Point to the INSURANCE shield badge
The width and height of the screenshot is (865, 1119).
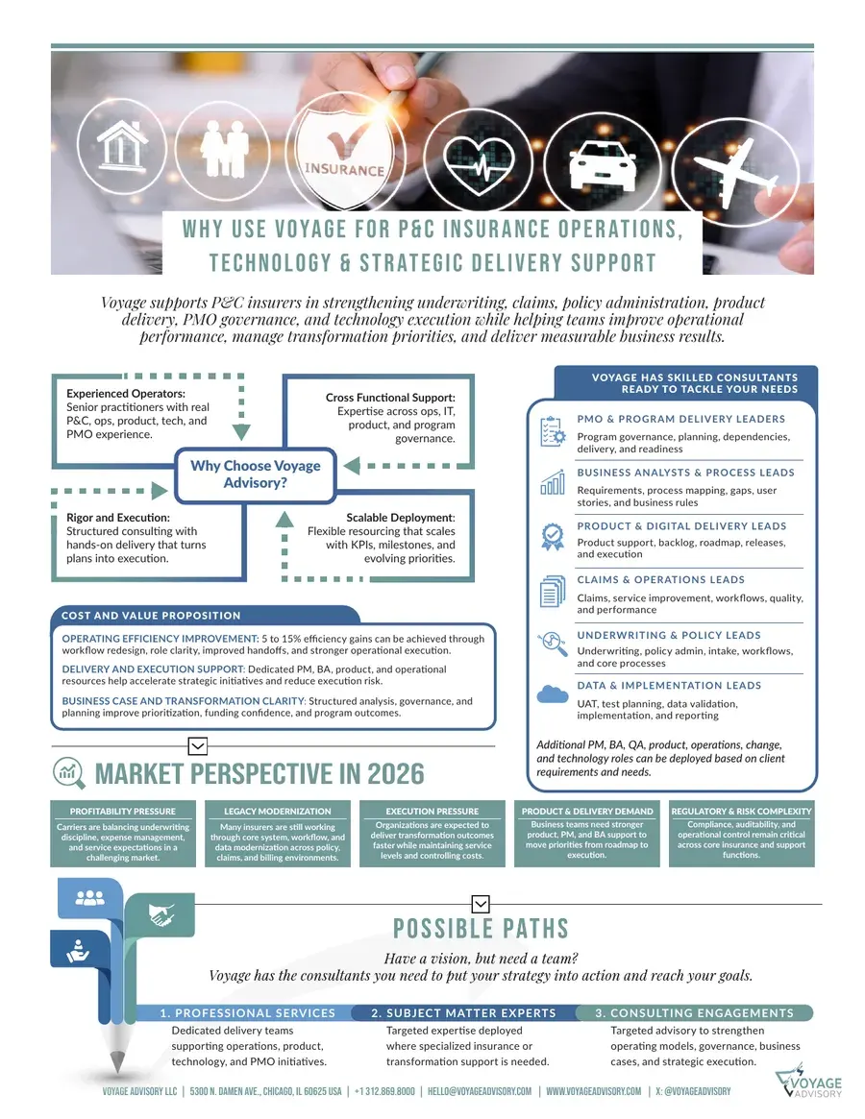click(344, 152)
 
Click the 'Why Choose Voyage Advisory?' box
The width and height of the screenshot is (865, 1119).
click(255, 474)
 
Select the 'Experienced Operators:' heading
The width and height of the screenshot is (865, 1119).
click(126, 393)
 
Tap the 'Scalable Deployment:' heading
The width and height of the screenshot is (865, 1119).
click(400, 518)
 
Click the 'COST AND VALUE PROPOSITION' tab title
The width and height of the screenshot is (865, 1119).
click(151, 615)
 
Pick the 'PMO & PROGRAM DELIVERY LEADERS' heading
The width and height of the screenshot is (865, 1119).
click(680, 419)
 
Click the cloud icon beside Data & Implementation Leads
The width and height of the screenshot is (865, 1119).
click(552, 694)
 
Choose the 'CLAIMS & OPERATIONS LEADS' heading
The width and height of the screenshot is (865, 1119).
click(660, 579)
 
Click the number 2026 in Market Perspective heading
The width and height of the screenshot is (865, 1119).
click(395, 773)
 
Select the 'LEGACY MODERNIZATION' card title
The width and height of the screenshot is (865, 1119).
click(277, 812)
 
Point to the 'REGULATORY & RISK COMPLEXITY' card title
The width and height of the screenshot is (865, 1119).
click(741, 812)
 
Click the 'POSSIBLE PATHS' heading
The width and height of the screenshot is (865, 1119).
click(481, 929)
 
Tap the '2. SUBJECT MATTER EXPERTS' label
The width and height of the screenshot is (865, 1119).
click(463, 1012)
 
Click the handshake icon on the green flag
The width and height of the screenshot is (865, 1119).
click(161, 913)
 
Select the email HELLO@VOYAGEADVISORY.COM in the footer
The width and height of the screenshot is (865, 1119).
click(480, 1091)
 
